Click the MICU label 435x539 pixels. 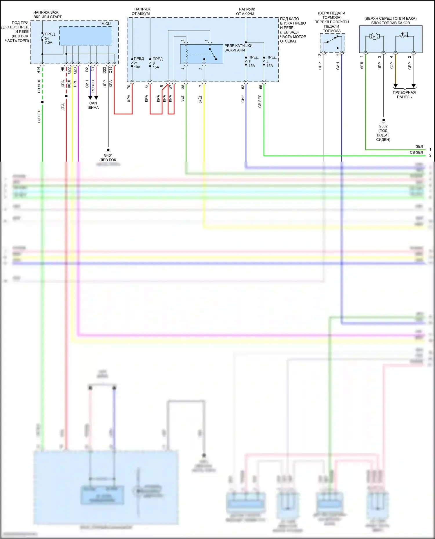click(x=106, y=23)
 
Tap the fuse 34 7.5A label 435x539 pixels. click(x=49, y=38)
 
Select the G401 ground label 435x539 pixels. click(x=108, y=155)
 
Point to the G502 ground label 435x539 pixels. click(x=383, y=126)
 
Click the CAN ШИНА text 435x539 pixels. click(x=93, y=105)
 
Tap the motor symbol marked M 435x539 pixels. click(x=374, y=37)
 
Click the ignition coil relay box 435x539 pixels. click(x=202, y=54)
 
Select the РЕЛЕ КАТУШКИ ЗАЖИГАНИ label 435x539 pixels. click(x=238, y=48)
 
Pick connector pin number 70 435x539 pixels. click(x=129, y=87)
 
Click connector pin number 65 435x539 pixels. click(x=261, y=87)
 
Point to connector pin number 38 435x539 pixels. click(x=183, y=87)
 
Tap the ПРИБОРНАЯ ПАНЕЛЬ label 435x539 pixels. click(x=404, y=95)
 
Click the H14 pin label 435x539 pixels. click(x=38, y=70)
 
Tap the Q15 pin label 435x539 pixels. click(x=110, y=70)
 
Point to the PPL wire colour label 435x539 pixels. click(x=75, y=84)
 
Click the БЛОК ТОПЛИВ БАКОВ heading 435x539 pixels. click(x=390, y=23)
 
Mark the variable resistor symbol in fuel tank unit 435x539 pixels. click(x=403, y=36)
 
